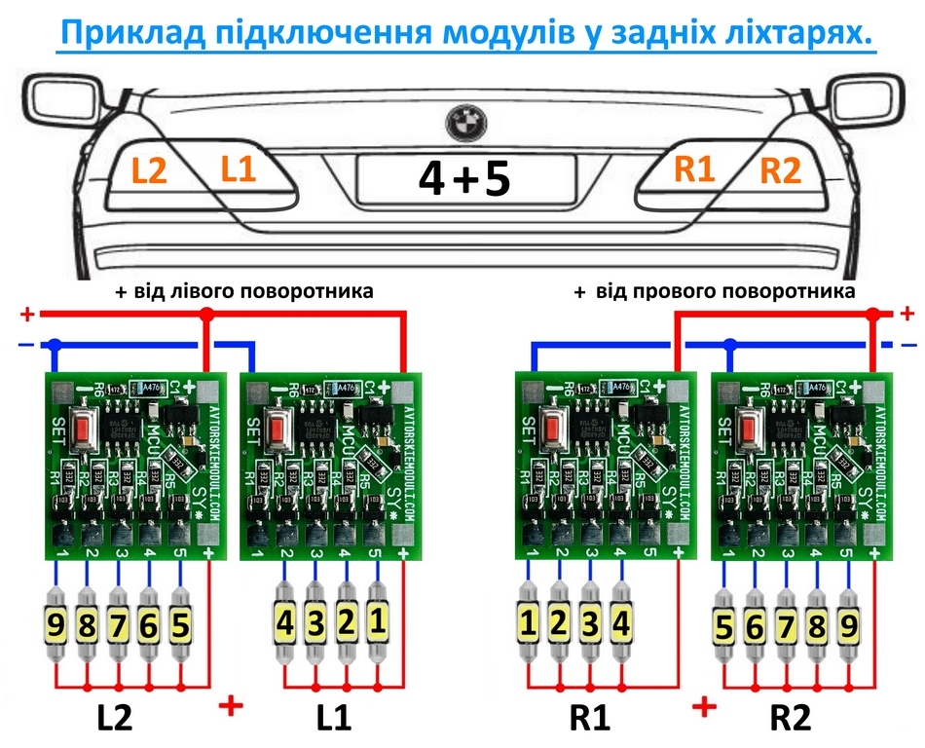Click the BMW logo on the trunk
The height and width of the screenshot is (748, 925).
462,123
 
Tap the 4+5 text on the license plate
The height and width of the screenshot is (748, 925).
463,178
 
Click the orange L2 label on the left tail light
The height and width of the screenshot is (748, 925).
150,172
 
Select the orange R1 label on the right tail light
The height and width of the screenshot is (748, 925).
694,169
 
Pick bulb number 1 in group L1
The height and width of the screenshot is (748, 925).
376,620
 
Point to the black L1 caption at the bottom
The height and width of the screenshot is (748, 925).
334,719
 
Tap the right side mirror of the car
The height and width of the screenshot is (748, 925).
864,97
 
